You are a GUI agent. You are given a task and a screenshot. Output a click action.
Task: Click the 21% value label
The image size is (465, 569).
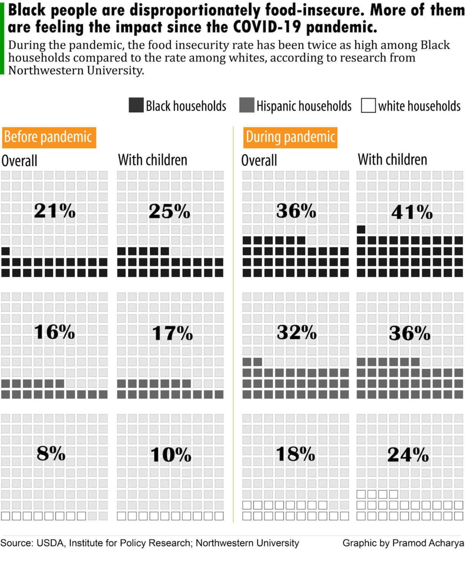click(x=55, y=211)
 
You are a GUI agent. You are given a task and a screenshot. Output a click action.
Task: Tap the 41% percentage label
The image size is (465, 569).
click(x=412, y=213)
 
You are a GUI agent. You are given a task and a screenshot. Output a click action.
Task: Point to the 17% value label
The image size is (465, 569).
click(x=172, y=333)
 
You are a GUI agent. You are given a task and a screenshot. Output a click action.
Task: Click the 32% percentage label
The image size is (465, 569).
click(x=296, y=333)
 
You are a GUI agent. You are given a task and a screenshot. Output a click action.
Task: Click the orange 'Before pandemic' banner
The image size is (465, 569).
click(x=49, y=138)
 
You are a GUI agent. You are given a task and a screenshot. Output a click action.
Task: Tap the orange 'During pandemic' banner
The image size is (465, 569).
click(x=290, y=138)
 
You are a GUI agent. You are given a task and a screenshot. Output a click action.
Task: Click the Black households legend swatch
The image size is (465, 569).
click(x=136, y=105)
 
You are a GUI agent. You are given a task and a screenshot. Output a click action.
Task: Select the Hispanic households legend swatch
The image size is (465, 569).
click(x=246, y=105)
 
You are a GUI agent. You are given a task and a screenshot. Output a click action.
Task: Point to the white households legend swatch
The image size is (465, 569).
click(x=368, y=105)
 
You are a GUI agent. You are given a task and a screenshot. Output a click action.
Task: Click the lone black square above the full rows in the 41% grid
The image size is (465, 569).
click(x=361, y=229)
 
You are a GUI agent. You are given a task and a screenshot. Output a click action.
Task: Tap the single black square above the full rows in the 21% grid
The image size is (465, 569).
click(x=5, y=251)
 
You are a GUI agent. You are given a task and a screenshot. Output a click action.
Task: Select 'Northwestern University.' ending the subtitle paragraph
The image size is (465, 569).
click(x=76, y=71)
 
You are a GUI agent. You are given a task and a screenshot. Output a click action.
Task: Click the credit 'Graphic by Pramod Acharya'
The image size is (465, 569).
click(x=403, y=543)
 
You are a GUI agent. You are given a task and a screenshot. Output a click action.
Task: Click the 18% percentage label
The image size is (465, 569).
click(x=295, y=454)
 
